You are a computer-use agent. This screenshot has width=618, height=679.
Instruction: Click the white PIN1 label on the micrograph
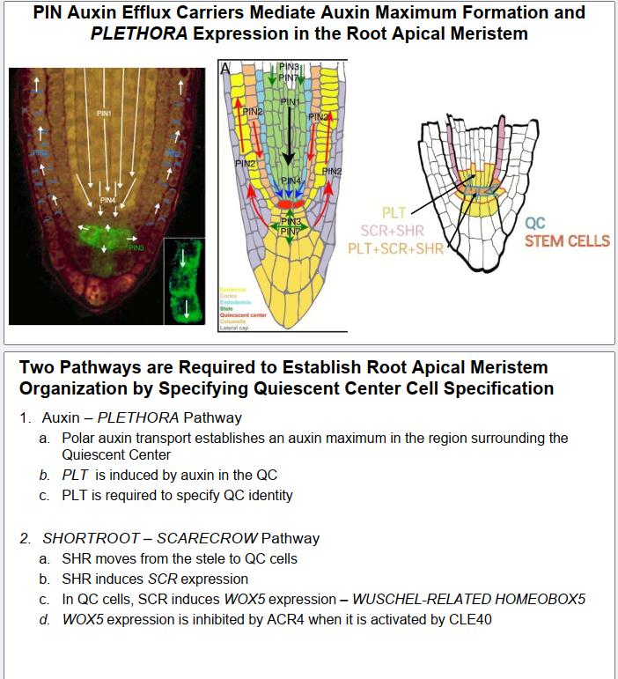[104, 114]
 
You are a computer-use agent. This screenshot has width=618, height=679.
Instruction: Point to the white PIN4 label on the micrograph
[107, 201]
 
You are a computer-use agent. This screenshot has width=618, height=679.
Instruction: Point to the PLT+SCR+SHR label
[395, 249]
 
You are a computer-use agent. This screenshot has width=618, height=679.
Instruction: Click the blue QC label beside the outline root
[534, 225]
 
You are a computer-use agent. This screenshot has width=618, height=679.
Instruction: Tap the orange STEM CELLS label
[567, 240]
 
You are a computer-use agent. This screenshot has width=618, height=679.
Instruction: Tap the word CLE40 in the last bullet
[471, 619]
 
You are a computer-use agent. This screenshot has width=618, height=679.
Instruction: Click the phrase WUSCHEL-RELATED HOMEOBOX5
[469, 599]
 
